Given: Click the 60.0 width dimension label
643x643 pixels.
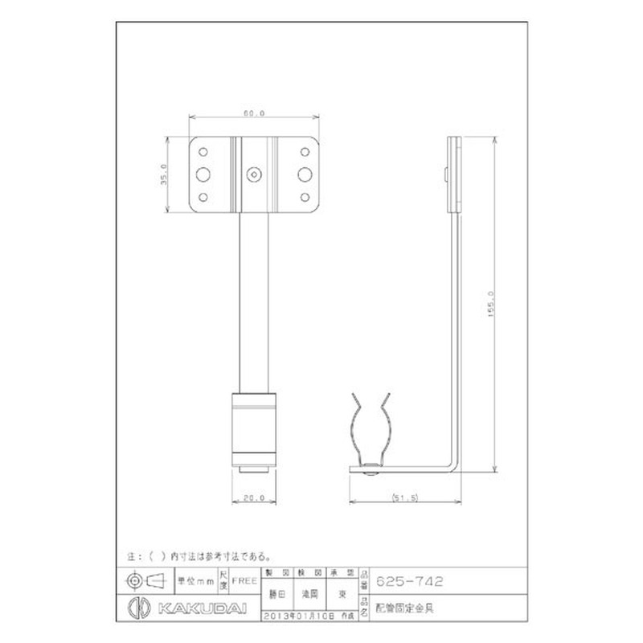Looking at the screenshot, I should pyautogui.click(x=253, y=114).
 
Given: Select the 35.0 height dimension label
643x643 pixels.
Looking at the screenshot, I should pyautogui.click(x=163, y=174).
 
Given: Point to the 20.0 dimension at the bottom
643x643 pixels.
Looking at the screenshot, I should pyautogui.click(x=254, y=498).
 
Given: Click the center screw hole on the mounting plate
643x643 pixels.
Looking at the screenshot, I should pyautogui.click(x=254, y=173).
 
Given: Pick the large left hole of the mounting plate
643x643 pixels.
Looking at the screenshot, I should pyautogui.click(x=203, y=173).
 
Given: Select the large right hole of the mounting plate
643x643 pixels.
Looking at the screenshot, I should pyautogui.click(x=305, y=173).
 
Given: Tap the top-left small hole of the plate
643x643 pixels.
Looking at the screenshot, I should pyautogui.click(x=203, y=150).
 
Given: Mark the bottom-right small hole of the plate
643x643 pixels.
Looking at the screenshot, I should pyautogui.click(x=305, y=196).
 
